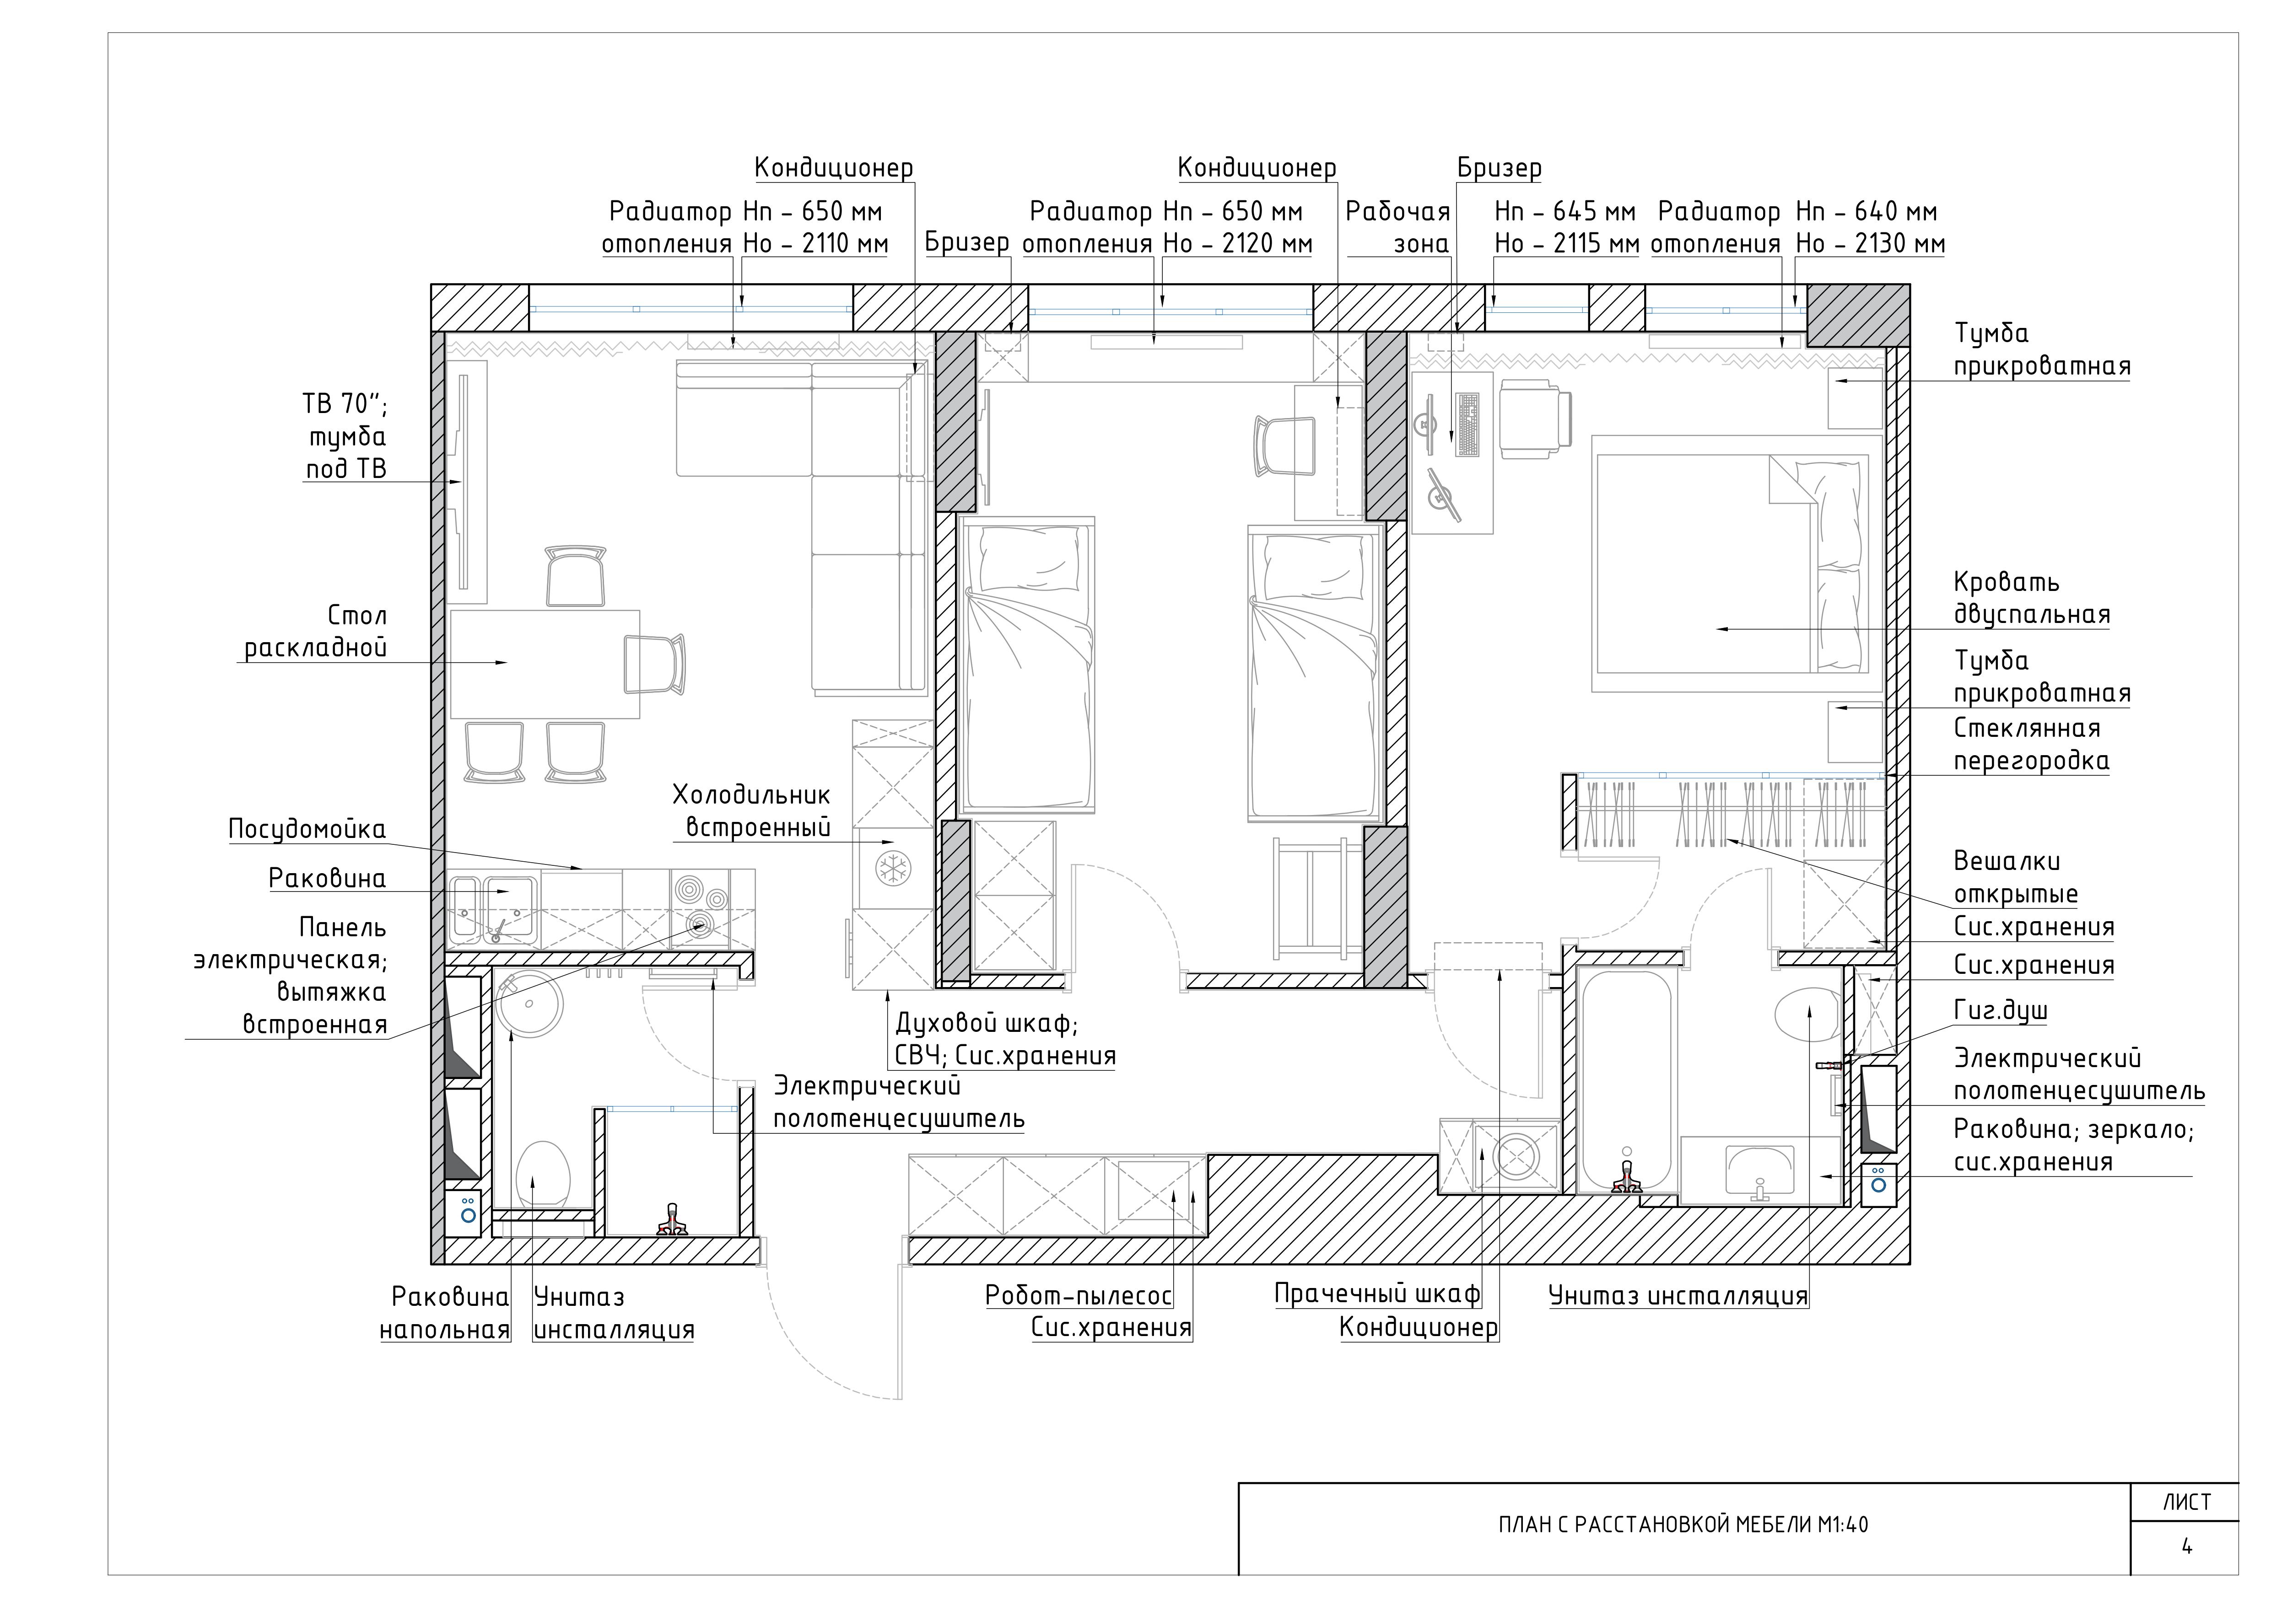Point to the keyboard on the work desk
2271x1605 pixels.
[x=1468, y=424]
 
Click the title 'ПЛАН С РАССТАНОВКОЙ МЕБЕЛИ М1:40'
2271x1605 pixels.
[x=1683, y=1525]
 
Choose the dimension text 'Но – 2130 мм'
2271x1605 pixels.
[x=1869, y=243]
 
